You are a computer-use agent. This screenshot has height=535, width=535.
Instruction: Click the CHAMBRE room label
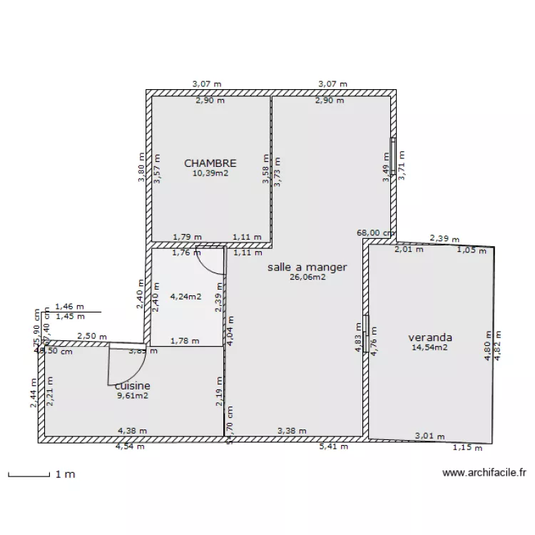tap(210, 163)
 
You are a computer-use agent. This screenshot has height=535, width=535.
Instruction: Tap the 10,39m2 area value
tap(210, 173)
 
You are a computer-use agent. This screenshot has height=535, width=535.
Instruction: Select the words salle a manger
tap(307, 267)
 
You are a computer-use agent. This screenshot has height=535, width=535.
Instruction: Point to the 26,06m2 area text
tap(307, 277)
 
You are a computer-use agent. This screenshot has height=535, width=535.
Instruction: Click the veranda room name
tap(430, 337)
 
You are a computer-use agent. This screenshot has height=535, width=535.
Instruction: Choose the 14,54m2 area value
tap(430, 347)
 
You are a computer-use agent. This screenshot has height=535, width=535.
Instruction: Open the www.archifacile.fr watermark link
tap(484, 472)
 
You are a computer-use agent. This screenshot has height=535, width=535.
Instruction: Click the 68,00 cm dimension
tap(376, 233)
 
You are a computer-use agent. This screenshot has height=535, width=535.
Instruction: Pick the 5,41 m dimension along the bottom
tap(334, 447)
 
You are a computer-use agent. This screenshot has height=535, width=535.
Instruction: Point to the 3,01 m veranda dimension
tap(430, 436)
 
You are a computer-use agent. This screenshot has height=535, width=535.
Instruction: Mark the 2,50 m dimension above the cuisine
tap(92, 336)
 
